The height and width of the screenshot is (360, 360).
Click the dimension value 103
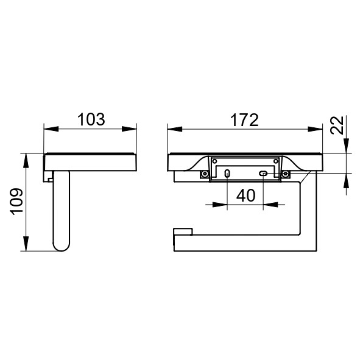tap(91, 119)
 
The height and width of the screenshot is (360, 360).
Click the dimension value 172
tap(244, 120)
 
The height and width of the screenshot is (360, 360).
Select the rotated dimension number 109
tap(16, 202)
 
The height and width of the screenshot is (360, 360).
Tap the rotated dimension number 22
tap(337, 125)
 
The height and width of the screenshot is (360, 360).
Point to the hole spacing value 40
tap(245, 196)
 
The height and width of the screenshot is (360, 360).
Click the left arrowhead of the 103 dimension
tap(51, 129)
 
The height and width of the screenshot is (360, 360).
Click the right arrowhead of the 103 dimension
tap(129, 129)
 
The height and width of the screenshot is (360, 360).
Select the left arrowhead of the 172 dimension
tap(175, 129)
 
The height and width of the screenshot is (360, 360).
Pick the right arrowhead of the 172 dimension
tap(316, 129)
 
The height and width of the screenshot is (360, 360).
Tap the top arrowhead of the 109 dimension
tap(26, 160)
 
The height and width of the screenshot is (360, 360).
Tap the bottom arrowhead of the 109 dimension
tap(26, 244)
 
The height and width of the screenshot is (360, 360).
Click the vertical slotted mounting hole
tap(227, 174)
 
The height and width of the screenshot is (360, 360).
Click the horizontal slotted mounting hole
tap(263, 174)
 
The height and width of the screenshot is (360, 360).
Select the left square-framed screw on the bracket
tap(204, 174)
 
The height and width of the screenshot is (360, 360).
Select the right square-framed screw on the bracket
tap(286, 174)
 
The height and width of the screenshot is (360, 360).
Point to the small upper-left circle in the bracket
tap(215, 161)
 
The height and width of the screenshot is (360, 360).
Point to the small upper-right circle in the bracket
tap(276, 161)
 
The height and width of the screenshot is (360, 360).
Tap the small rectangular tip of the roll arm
tap(183, 231)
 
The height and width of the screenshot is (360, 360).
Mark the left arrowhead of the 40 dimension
tap(220, 204)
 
